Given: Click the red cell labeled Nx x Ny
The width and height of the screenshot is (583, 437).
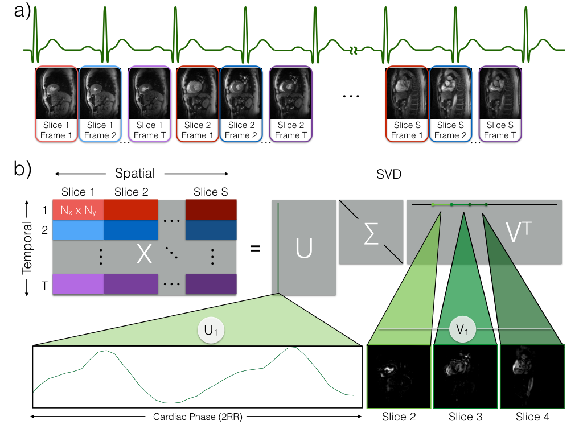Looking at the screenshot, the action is click(x=78, y=210).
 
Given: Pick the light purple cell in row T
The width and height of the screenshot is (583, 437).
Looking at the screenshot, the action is click(x=78, y=284).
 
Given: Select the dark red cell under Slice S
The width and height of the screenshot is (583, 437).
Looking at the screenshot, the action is click(x=211, y=210).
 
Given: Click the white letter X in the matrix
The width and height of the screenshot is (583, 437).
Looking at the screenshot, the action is click(x=144, y=254).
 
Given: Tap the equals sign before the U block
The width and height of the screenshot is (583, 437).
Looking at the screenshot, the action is click(x=255, y=248).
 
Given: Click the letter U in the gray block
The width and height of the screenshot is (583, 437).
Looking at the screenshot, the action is click(x=304, y=248).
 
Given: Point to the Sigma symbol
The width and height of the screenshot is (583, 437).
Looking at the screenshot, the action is click(x=371, y=233).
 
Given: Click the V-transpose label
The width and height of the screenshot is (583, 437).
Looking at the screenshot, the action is click(x=519, y=232).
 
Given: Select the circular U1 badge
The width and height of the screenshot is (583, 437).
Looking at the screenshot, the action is click(x=211, y=330).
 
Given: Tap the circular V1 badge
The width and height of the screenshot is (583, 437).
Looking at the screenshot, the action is click(x=462, y=329).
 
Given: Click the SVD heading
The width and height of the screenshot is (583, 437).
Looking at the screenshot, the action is click(x=389, y=174).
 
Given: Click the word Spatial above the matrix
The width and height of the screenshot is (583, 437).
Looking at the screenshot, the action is click(x=135, y=173).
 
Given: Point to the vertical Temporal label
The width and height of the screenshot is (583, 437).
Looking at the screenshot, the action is click(x=27, y=248).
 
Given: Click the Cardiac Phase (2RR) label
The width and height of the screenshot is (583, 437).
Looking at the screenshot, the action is click(x=198, y=417).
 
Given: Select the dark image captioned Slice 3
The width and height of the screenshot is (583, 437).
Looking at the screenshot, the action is click(x=466, y=377).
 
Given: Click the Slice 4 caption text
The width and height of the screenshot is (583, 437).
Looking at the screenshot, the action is click(x=532, y=417).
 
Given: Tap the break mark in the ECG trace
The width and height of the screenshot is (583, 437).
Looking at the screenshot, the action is click(x=354, y=50).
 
